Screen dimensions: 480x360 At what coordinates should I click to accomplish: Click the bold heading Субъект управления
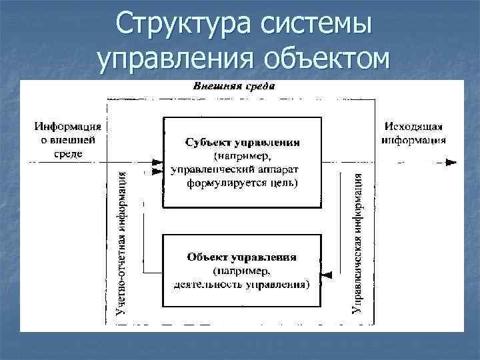click(x=242, y=143)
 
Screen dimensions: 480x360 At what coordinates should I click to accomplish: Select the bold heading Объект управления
click(x=242, y=257)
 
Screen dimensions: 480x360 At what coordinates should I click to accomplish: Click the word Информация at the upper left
click(x=69, y=127)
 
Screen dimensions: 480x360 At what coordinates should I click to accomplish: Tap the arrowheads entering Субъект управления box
click(x=158, y=166)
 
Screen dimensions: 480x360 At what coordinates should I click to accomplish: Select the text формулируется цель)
click(x=243, y=182)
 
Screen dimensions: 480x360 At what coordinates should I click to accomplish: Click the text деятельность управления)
click(x=241, y=285)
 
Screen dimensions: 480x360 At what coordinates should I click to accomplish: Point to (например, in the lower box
click(x=241, y=271)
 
